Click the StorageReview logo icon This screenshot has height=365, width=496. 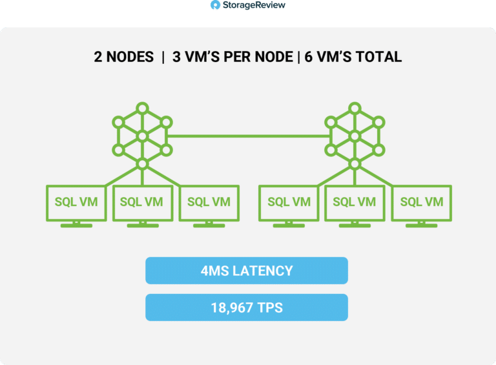click(215, 5)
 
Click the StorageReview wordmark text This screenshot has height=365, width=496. click(254, 5)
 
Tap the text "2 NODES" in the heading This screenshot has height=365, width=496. click(124, 57)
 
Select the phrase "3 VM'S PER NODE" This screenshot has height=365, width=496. click(232, 57)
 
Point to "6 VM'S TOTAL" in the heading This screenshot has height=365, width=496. click(353, 57)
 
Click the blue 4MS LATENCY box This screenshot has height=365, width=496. click(247, 271)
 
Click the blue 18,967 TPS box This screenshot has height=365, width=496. click(247, 308)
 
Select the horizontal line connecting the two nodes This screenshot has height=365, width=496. click(248, 136)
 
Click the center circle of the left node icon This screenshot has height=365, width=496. click(142, 136)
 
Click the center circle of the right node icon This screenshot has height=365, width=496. click(355, 136)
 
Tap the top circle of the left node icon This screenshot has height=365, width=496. click(142, 109)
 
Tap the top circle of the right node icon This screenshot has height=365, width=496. click(355, 109)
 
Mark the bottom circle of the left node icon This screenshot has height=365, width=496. click(142, 164)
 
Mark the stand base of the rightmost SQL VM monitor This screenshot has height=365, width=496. click(422, 225)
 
